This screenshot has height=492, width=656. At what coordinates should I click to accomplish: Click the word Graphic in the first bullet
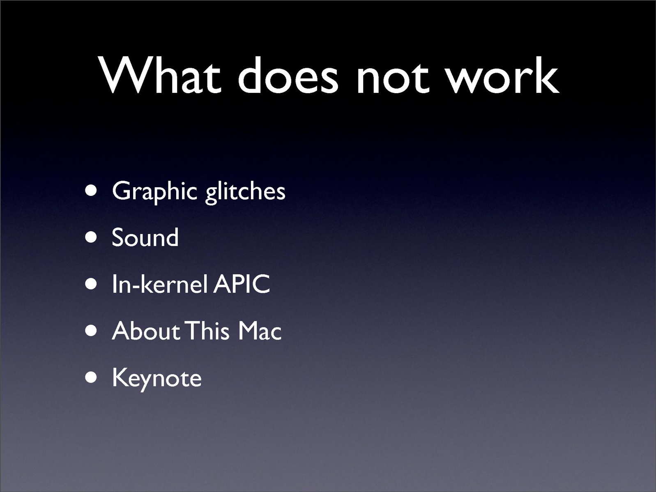[154, 192]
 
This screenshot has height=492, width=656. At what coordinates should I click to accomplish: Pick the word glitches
[245, 192]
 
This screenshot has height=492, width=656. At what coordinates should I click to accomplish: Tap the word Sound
[145, 237]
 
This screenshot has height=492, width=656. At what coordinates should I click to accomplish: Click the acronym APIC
[242, 284]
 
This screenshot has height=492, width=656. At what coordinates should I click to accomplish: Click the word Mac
[260, 331]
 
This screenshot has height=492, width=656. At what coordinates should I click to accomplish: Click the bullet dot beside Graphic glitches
[91, 191]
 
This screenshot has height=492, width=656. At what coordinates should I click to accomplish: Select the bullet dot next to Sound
[91, 238]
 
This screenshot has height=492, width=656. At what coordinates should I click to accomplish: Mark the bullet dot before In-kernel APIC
[91, 284]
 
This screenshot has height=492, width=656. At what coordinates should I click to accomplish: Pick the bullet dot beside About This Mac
[91, 331]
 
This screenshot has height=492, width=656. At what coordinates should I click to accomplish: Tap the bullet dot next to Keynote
[91, 377]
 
